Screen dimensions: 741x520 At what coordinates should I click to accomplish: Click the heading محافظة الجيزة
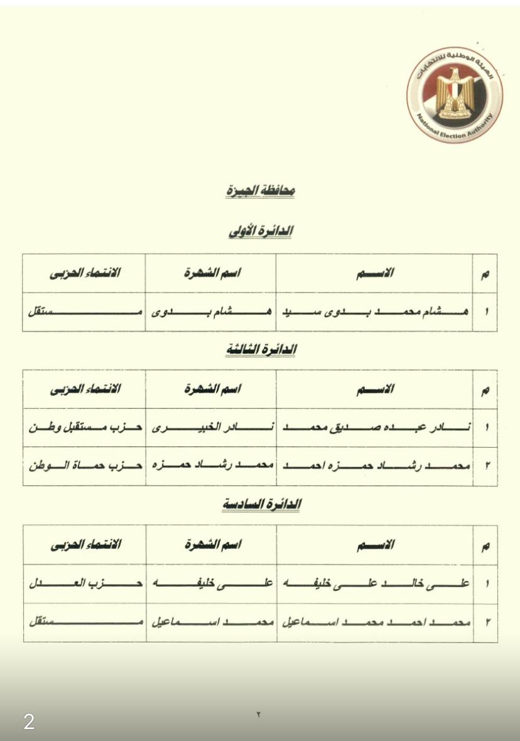(x=261, y=191)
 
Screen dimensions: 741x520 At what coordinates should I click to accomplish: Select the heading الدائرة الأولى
(x=261, y=231)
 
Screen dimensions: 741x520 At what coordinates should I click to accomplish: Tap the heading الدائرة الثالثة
(x=261, y=350)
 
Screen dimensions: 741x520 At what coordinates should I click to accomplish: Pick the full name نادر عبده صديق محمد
(x=375, y=428)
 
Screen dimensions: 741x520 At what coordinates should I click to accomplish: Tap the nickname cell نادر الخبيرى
(x=210, y=428)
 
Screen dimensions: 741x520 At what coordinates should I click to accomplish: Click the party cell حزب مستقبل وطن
(x=85, y=428)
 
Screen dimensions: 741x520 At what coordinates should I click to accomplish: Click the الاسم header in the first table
(x=375, y=273)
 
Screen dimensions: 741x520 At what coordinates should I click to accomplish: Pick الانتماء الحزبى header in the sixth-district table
(x=85, y=545)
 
